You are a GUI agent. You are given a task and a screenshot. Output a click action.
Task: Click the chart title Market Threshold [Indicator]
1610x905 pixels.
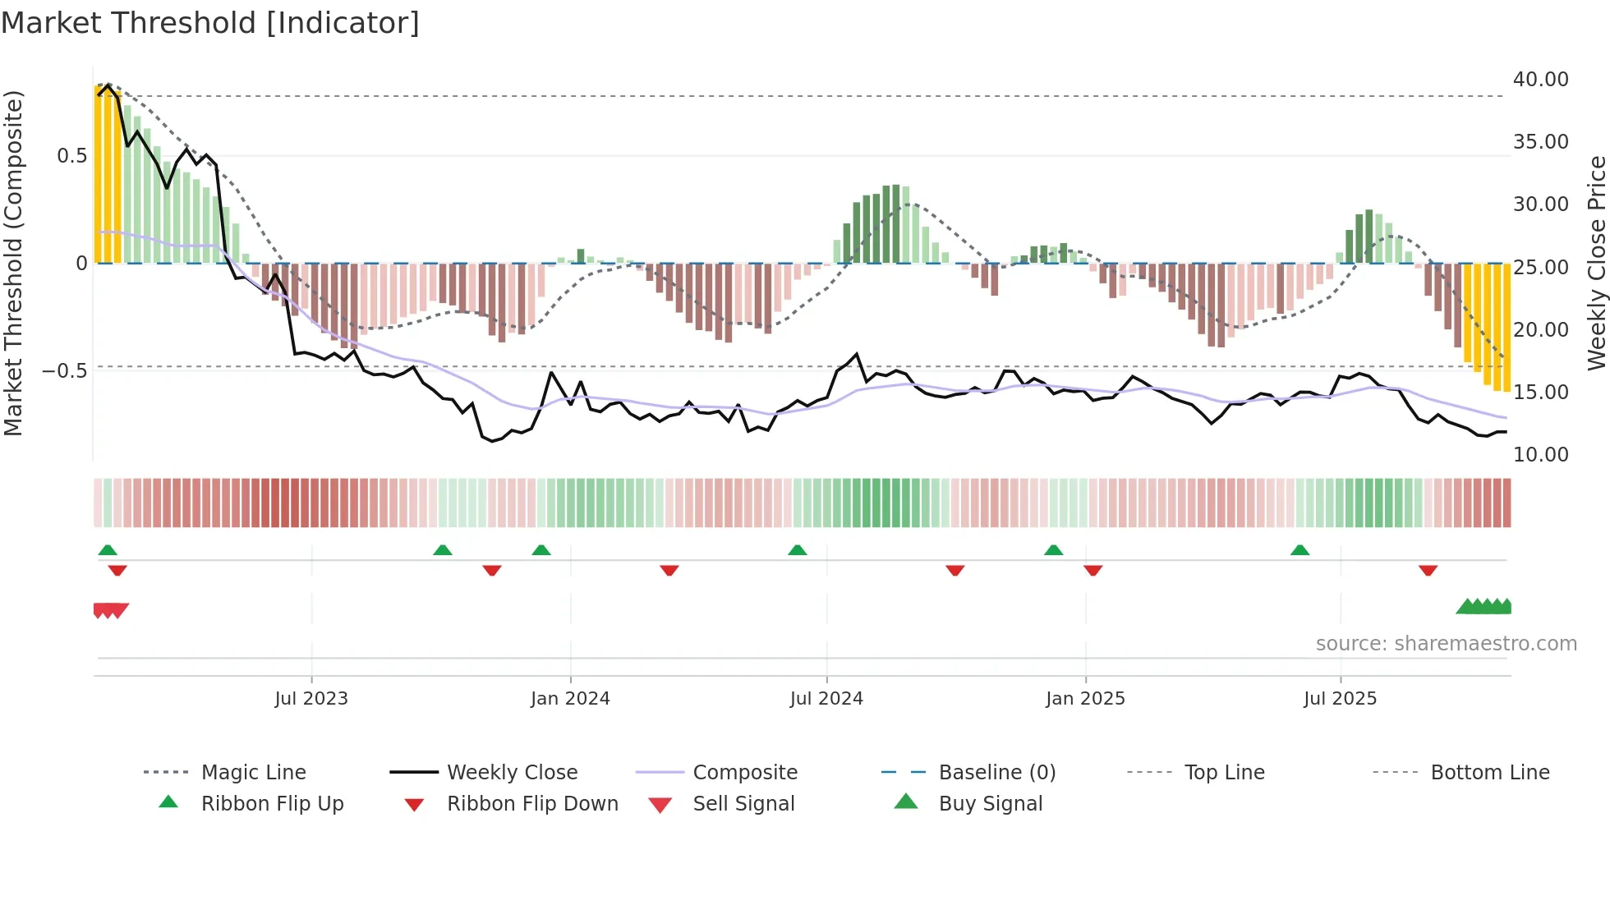(210, 23)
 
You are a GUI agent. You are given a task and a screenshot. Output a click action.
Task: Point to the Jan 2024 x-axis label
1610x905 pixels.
(570, 699)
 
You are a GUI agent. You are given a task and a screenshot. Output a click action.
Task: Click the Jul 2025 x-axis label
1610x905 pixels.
(1340, 699)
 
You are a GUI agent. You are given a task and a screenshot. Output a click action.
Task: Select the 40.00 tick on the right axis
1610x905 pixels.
(1540, 80)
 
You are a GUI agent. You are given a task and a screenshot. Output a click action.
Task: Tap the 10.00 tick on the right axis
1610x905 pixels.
(1540, 455)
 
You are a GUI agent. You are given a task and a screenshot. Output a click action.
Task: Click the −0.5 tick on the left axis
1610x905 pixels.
(65, 371)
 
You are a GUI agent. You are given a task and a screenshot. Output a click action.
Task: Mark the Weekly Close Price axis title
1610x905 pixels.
(1596, 263)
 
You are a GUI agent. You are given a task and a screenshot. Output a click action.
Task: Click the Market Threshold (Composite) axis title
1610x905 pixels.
(13, 263)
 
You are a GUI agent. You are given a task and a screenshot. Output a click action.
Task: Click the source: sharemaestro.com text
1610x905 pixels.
(1446, 644)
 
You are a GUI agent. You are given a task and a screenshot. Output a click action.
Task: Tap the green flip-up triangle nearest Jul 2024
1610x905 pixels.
(797, 550)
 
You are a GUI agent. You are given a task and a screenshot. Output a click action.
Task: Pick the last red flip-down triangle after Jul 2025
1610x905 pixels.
(1428, 571)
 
